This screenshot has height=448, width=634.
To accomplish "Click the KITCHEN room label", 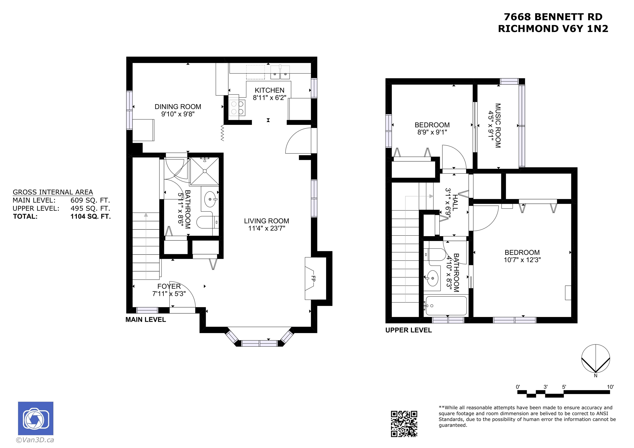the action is pyautogui.click(x=270, y=90).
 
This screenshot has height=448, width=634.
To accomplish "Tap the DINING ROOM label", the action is pyautogui.click(x=178, y=107).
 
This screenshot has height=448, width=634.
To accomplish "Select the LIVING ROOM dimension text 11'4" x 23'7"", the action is pyautogui.click(x=266, y=228).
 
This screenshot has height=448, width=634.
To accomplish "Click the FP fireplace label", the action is pyautogui.click(x=313, y=278).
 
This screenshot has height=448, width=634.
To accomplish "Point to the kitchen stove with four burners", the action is pyautogui.click(x=237, y=107).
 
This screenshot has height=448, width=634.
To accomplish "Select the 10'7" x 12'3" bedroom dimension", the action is pyautogui.click(x=522, y=260).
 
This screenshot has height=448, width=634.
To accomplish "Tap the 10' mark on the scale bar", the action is pyautogui.click(x=610, y=387).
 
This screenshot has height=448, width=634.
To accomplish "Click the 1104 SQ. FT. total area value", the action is pyautogui.click(x=91, y=216).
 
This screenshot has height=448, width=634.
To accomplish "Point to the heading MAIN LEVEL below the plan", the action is pyautogui.click(x=145, y=320).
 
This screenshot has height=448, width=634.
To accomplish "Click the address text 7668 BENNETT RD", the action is pyautogui.click(x=553, y=17).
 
